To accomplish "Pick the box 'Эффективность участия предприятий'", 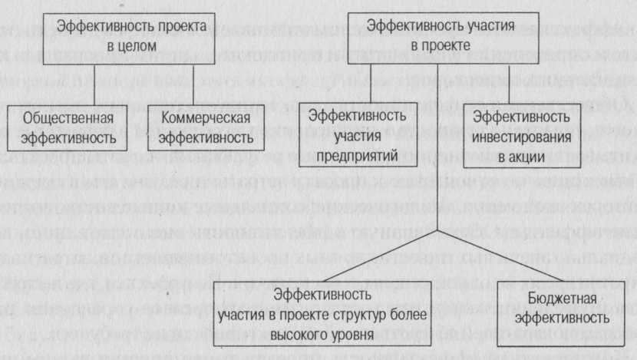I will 358,135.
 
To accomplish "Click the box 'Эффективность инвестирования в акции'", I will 522,135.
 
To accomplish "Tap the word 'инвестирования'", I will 522,136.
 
